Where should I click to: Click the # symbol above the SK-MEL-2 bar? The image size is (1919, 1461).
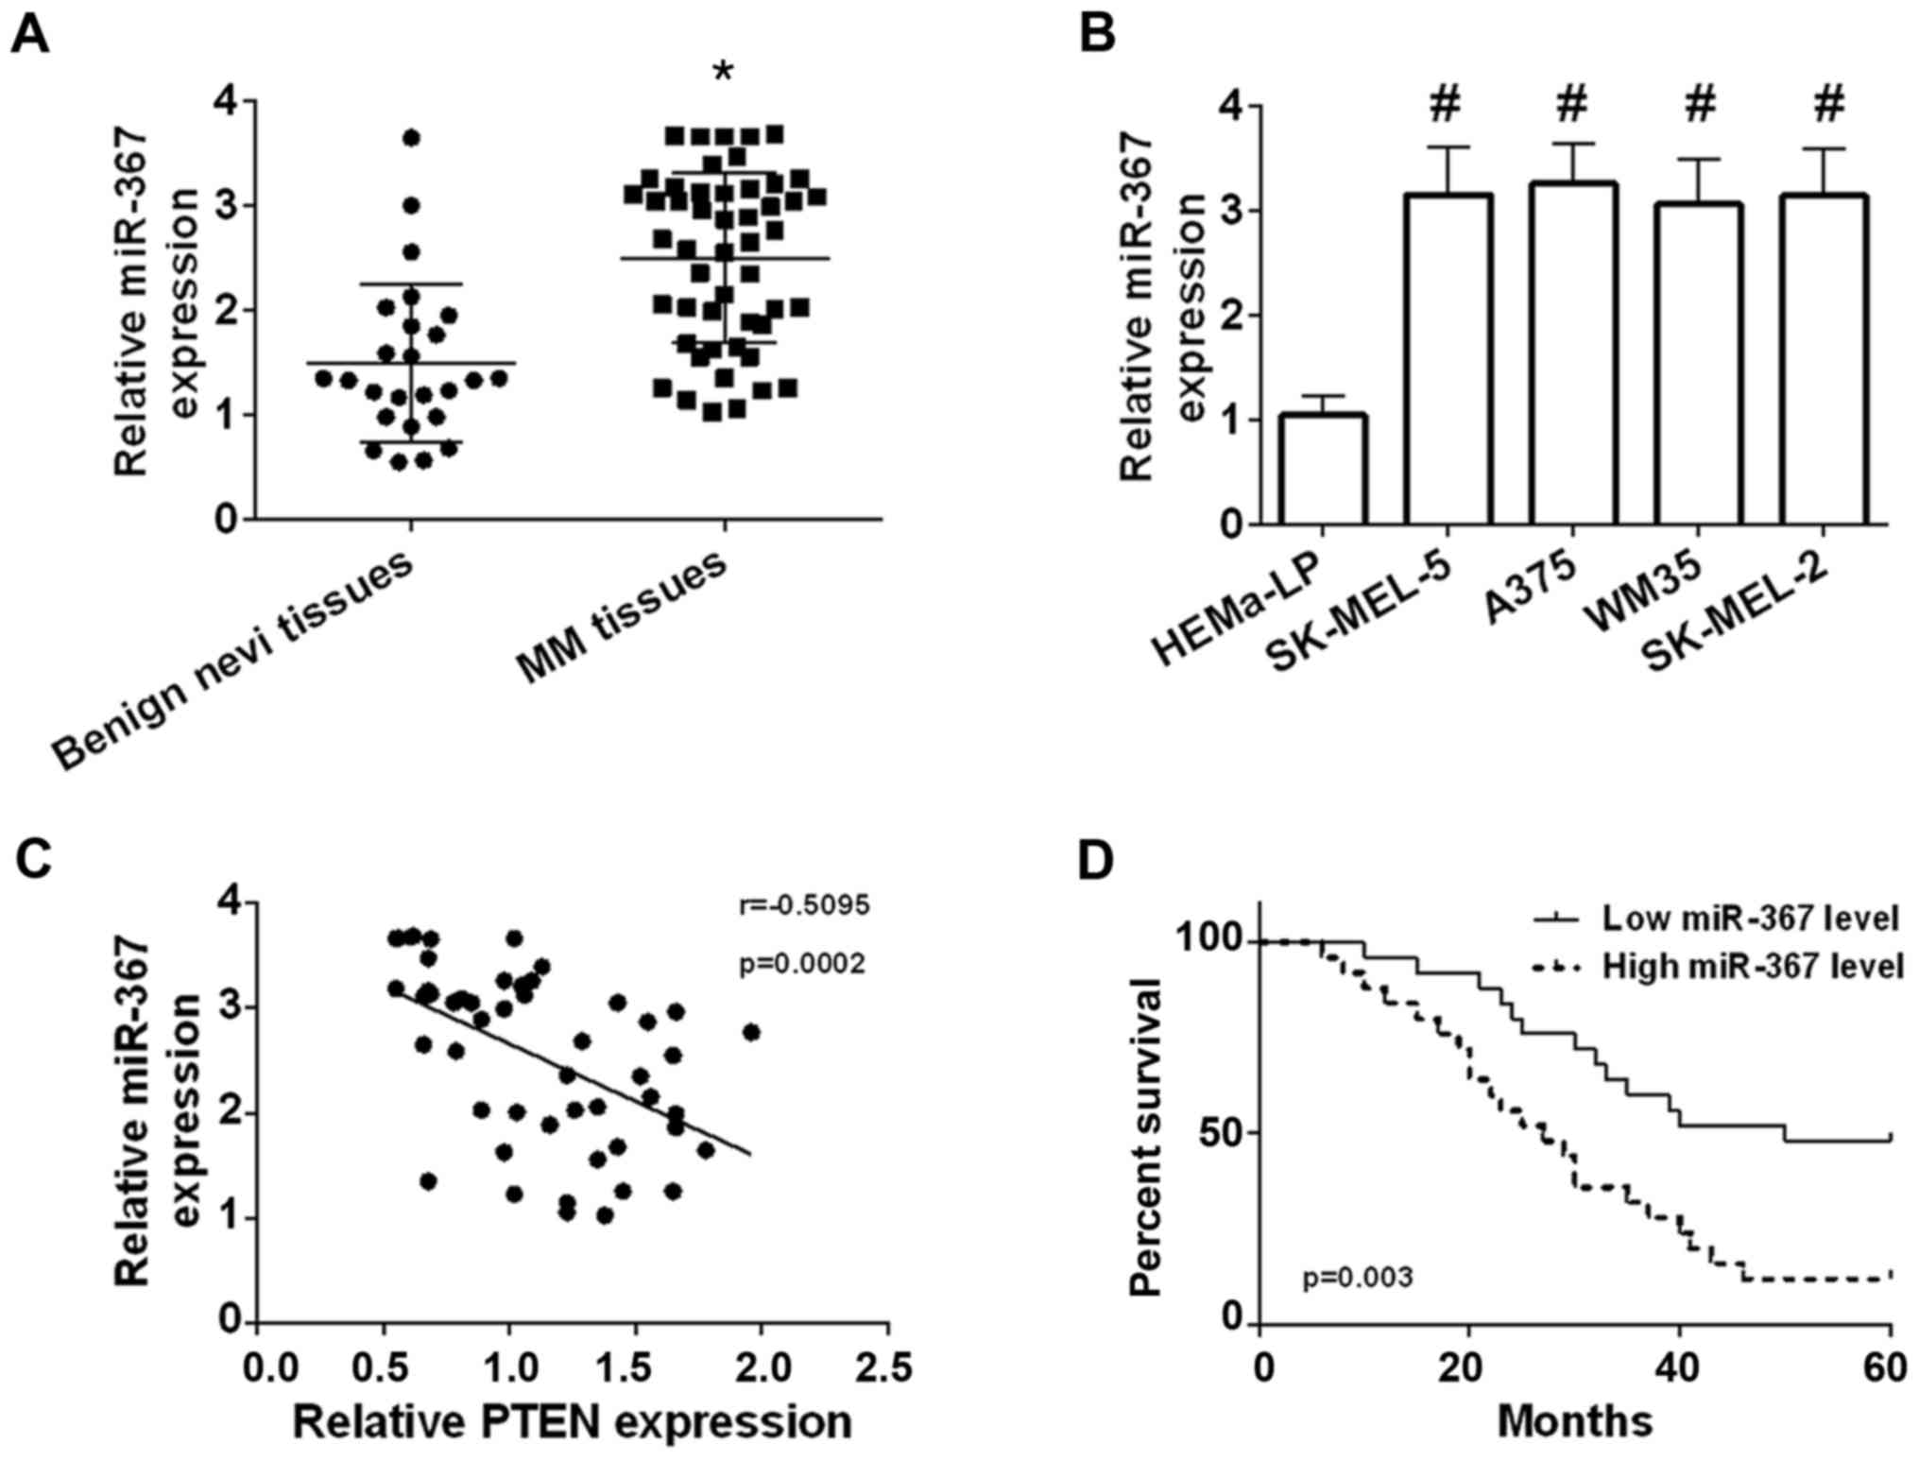click(1830, 103)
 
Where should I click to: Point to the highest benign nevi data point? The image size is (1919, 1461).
click(411, 138)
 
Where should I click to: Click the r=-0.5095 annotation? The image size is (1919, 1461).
click(803, 905)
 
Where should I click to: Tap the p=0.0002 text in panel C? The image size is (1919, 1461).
click(802, 964)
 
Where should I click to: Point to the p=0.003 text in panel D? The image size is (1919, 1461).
click(1358, 1278)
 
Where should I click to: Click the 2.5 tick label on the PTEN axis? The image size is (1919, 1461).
click(885, 1367)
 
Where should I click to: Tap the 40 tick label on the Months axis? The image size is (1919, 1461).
click(1680, 1367)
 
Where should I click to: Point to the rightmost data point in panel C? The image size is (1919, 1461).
click(751, 1032)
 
